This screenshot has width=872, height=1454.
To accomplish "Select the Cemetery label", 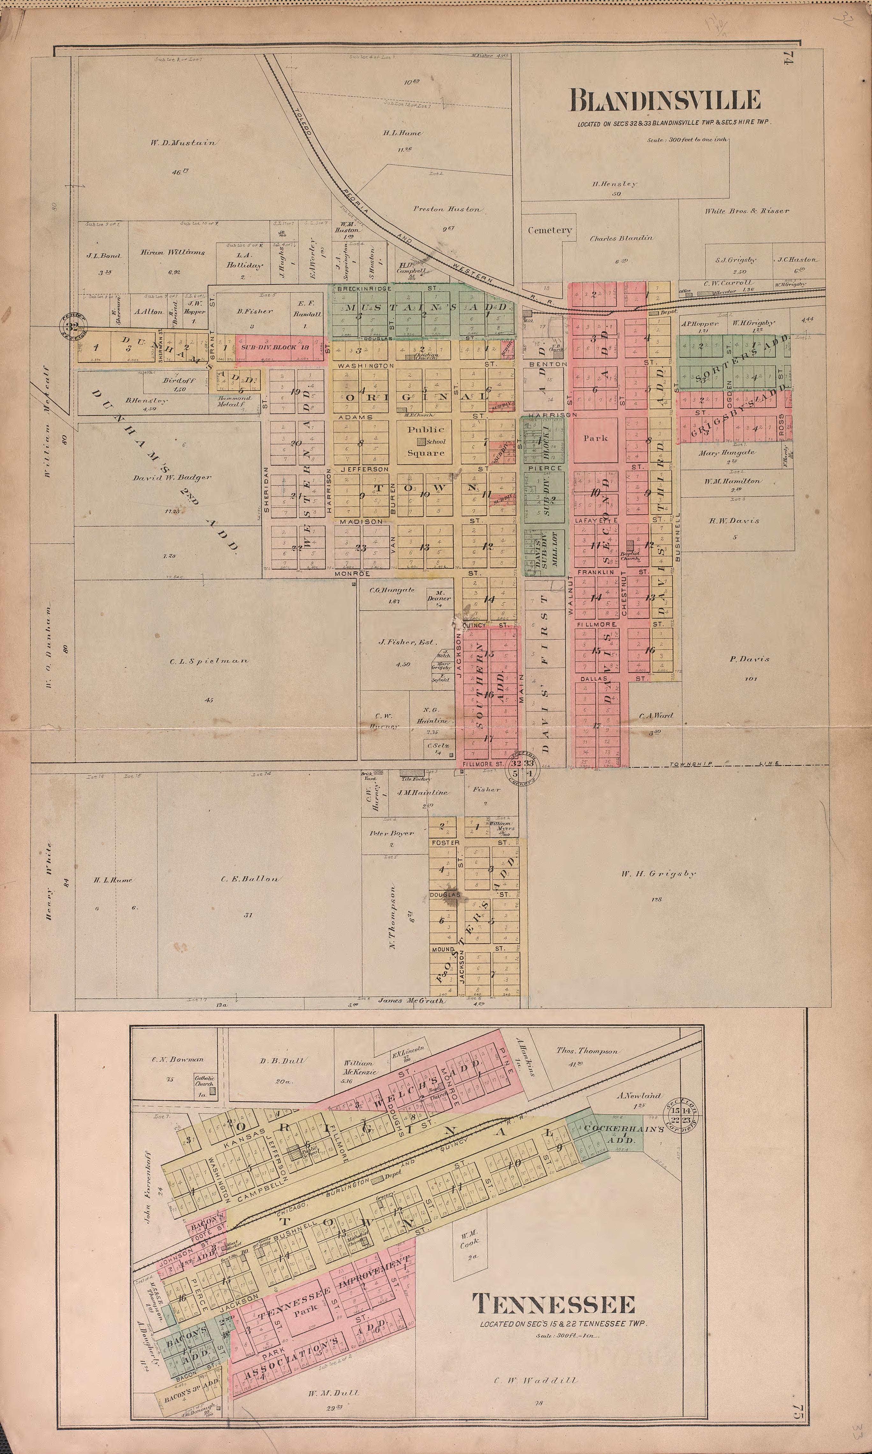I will point(549,230).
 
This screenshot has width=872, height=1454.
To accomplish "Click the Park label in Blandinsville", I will point(595,438).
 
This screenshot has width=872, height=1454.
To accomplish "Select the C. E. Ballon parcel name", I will point(250,879).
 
